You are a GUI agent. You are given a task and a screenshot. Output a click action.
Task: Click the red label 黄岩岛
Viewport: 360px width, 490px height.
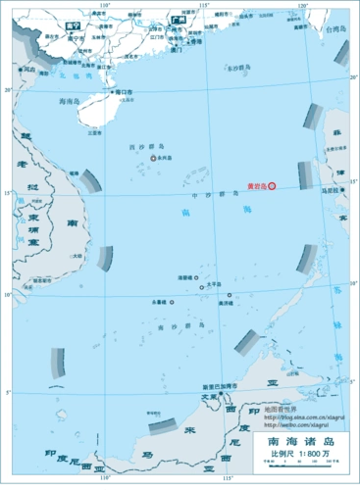point(255,184)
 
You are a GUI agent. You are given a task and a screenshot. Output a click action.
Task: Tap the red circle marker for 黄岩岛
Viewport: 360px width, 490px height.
point(273,184)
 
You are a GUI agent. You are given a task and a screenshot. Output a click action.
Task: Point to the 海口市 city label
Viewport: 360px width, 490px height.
point(126,91)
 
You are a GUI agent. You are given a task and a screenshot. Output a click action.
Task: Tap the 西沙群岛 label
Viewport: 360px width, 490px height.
point(144,147)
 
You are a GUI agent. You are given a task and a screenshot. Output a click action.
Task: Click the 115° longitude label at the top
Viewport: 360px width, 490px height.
point(204,5)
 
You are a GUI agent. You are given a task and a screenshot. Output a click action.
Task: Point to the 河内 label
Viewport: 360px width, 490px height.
point(28,71)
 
